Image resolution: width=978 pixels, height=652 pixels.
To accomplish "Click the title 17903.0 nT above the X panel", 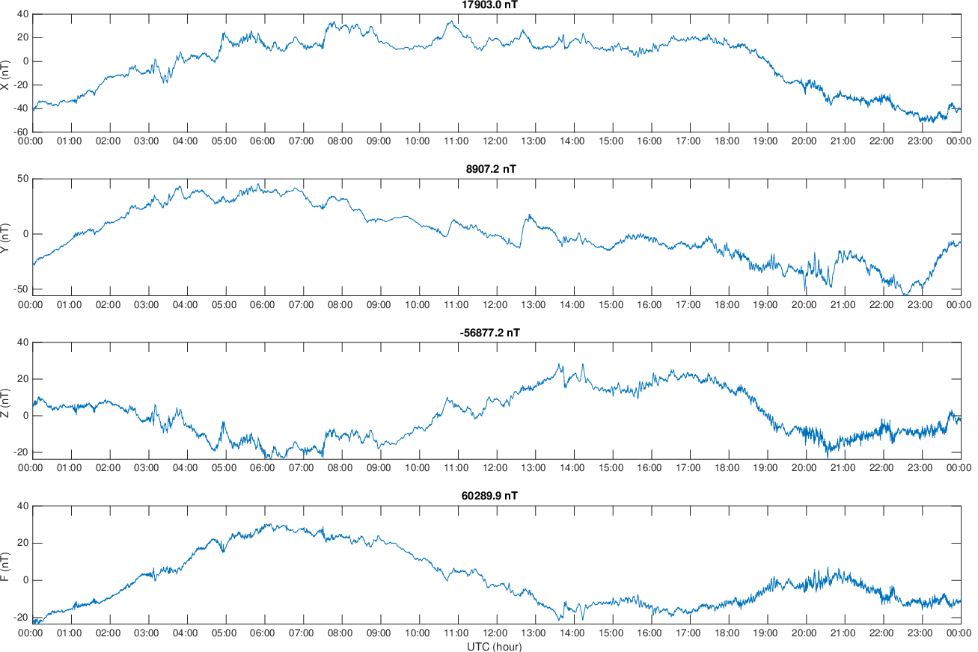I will point(489,5).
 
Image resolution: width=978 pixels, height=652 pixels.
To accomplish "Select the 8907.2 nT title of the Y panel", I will point(491,169).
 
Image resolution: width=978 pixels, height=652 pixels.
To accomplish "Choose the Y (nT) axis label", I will point(6,237).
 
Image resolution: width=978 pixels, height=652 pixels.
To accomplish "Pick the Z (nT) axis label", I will point(6,401).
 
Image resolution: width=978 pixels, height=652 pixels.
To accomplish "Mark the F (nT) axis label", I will point(6,565).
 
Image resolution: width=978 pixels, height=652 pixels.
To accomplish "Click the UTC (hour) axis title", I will point(495,646).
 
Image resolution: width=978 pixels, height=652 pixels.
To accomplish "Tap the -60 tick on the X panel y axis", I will point(19,132).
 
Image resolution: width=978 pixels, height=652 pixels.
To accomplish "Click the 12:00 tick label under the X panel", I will point(495,141).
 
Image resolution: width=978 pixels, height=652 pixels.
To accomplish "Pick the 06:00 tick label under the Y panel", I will point(263,305).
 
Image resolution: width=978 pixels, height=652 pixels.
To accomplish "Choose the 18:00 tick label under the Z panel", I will point(727,469).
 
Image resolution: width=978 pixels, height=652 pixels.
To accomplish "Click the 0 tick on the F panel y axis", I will point(24,580).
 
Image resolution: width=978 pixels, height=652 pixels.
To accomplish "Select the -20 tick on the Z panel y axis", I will point(19,452).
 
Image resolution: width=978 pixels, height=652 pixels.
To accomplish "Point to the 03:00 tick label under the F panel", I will point(147,633).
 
